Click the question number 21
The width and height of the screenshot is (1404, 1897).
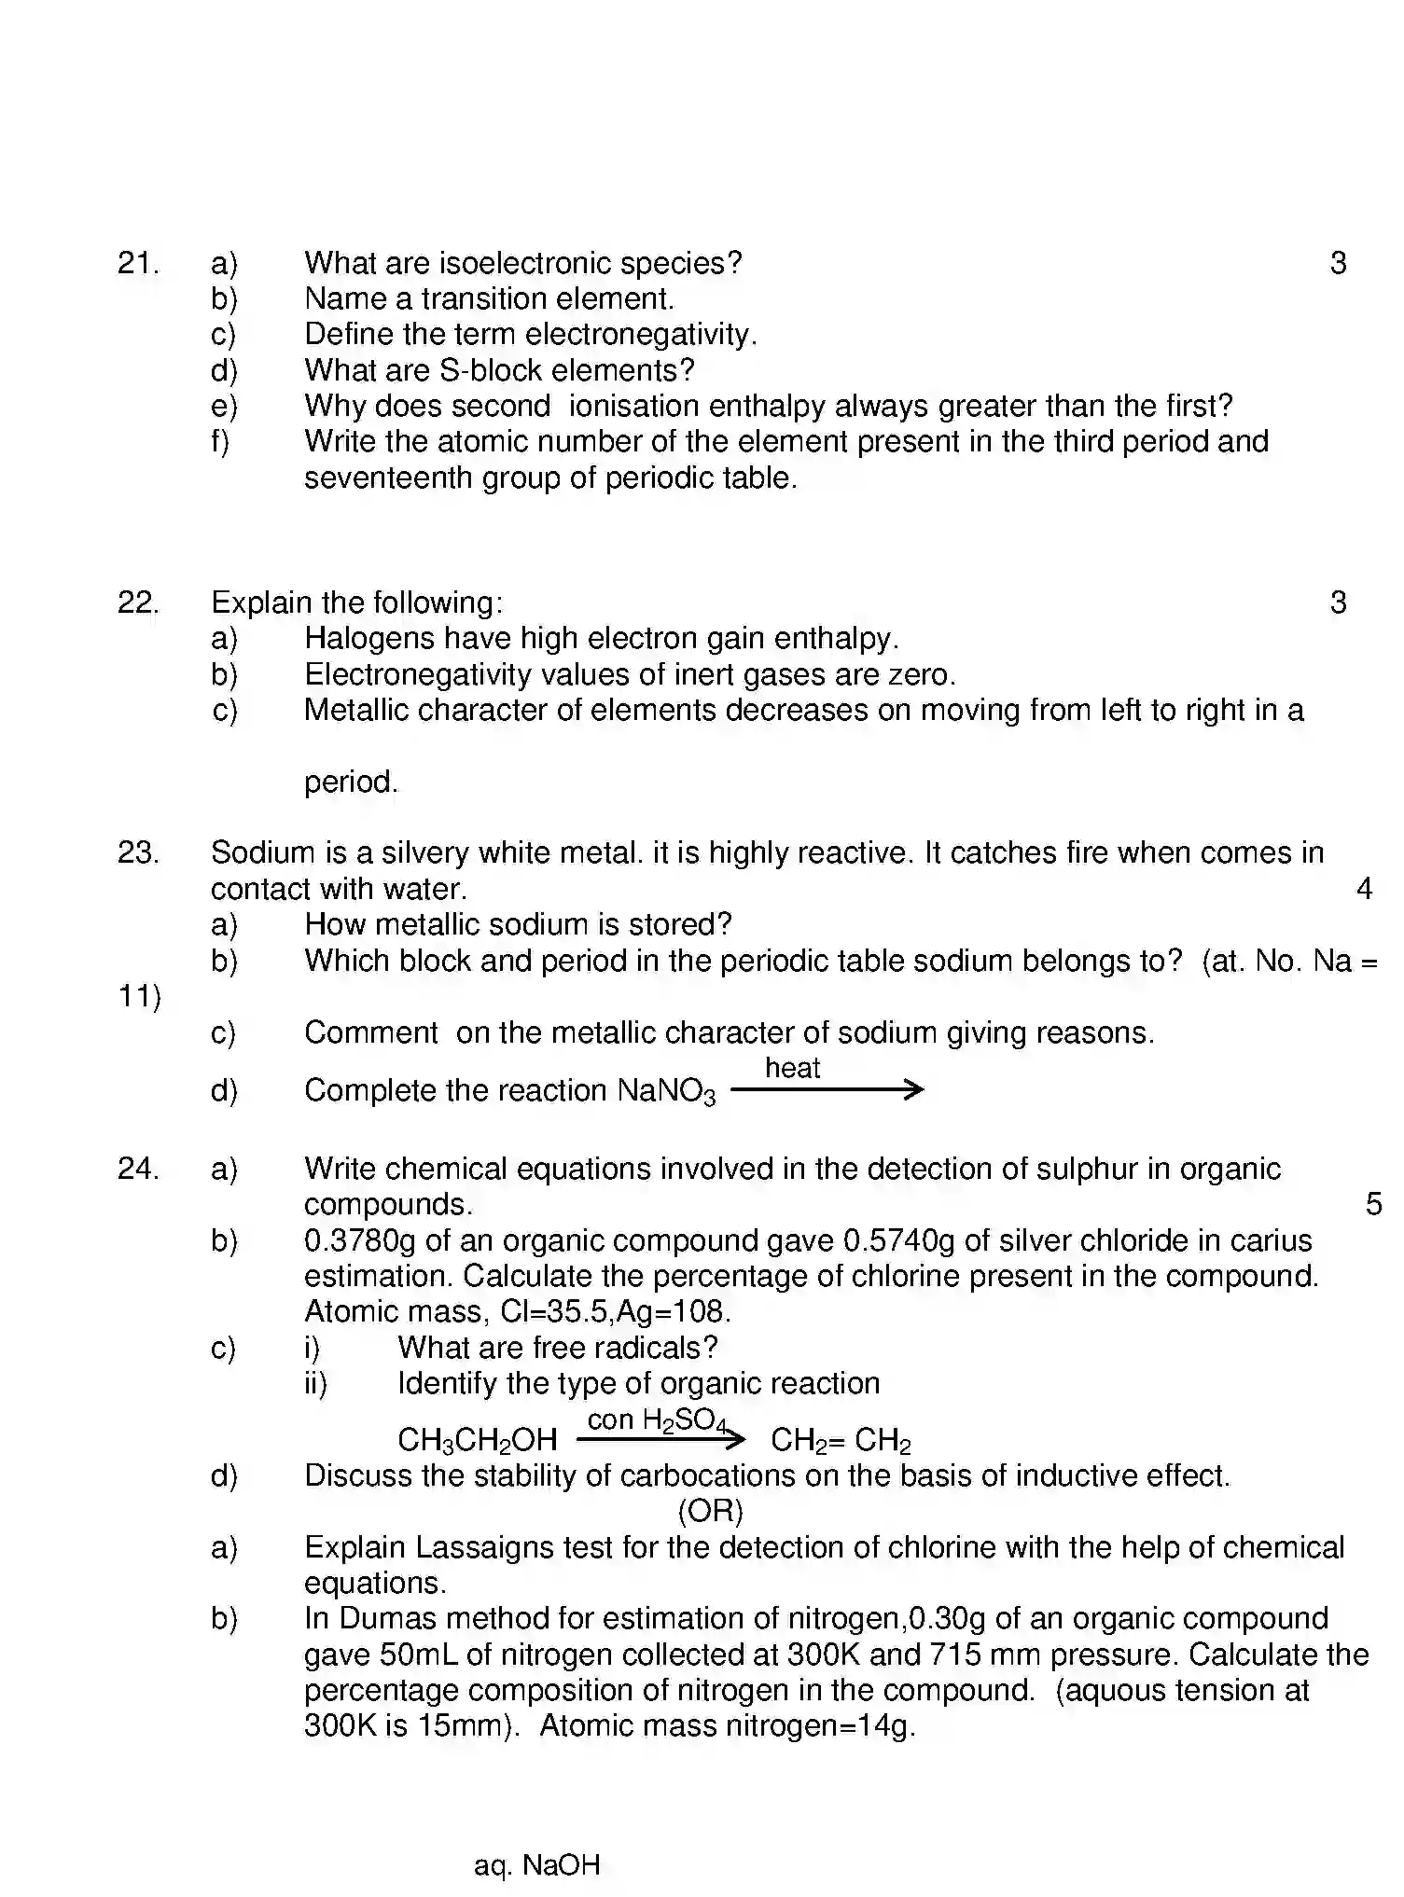(x=137, y=264)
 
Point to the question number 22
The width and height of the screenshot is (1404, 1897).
(x=137, y=603)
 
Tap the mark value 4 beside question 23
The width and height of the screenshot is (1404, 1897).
(x=1364, y=889)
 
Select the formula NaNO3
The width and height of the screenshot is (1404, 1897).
(x=666, y=1092)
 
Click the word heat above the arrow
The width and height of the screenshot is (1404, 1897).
(x=792, y=1068)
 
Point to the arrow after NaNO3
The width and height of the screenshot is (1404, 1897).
(x=827, y=1089)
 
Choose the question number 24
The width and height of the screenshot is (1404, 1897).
(x=137, y=1169)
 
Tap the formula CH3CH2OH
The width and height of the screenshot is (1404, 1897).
(x=477, y=1441)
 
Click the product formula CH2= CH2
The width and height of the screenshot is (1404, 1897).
(x=840, y=1441)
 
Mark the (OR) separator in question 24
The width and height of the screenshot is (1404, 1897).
(x=710, y=1511)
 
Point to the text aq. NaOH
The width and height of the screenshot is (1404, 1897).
(x=536, y=1865)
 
